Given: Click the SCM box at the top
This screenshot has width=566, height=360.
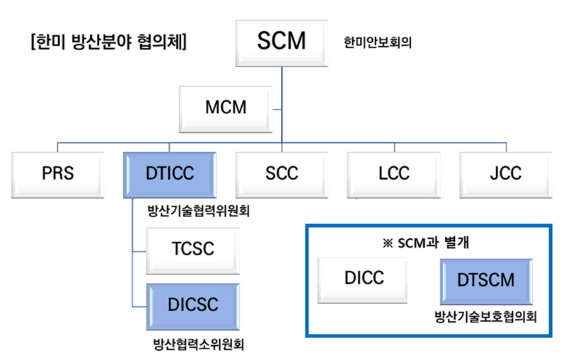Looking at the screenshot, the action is click(x=282, y=43).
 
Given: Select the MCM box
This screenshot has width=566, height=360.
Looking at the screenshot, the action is click(x=226, y=110).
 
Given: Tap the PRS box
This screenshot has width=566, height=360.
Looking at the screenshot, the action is click(x=58, y=175).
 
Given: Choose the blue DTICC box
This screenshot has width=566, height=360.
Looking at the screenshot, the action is click(x=170, y=175).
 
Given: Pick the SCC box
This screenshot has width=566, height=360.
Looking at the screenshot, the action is click(x=282, y=175).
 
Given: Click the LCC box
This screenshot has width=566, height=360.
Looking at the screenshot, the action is click(x=394, y=175).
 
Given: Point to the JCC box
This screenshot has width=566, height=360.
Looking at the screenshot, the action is click(x=506, y=175).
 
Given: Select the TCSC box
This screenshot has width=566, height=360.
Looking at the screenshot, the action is click(x=192, y=250).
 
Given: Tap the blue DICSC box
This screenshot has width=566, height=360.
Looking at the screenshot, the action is click(x=192, y=307).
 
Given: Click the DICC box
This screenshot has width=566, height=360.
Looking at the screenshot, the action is click(x=362, y=280).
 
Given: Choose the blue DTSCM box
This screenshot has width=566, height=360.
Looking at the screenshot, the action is click(x=486, y=281).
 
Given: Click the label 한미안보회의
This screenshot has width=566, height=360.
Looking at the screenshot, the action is click(x=378, y=42).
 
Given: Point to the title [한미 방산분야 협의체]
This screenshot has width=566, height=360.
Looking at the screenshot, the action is click(x=109, y=42).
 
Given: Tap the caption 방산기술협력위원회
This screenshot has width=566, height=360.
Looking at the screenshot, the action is click(x=199, y=211).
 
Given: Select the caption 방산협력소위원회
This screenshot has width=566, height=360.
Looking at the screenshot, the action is click(x=199, y=344).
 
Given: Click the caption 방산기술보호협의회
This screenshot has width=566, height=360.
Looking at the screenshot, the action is click(x=485, y=317).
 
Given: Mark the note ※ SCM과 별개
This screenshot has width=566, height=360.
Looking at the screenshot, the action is click(x=426, y=243).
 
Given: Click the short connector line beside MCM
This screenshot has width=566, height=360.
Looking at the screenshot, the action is click(x=277, y=110).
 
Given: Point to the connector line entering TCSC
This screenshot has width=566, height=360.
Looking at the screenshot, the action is click(x=139, y=251).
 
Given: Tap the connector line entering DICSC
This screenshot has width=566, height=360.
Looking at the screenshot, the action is click(x=139, y=307).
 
